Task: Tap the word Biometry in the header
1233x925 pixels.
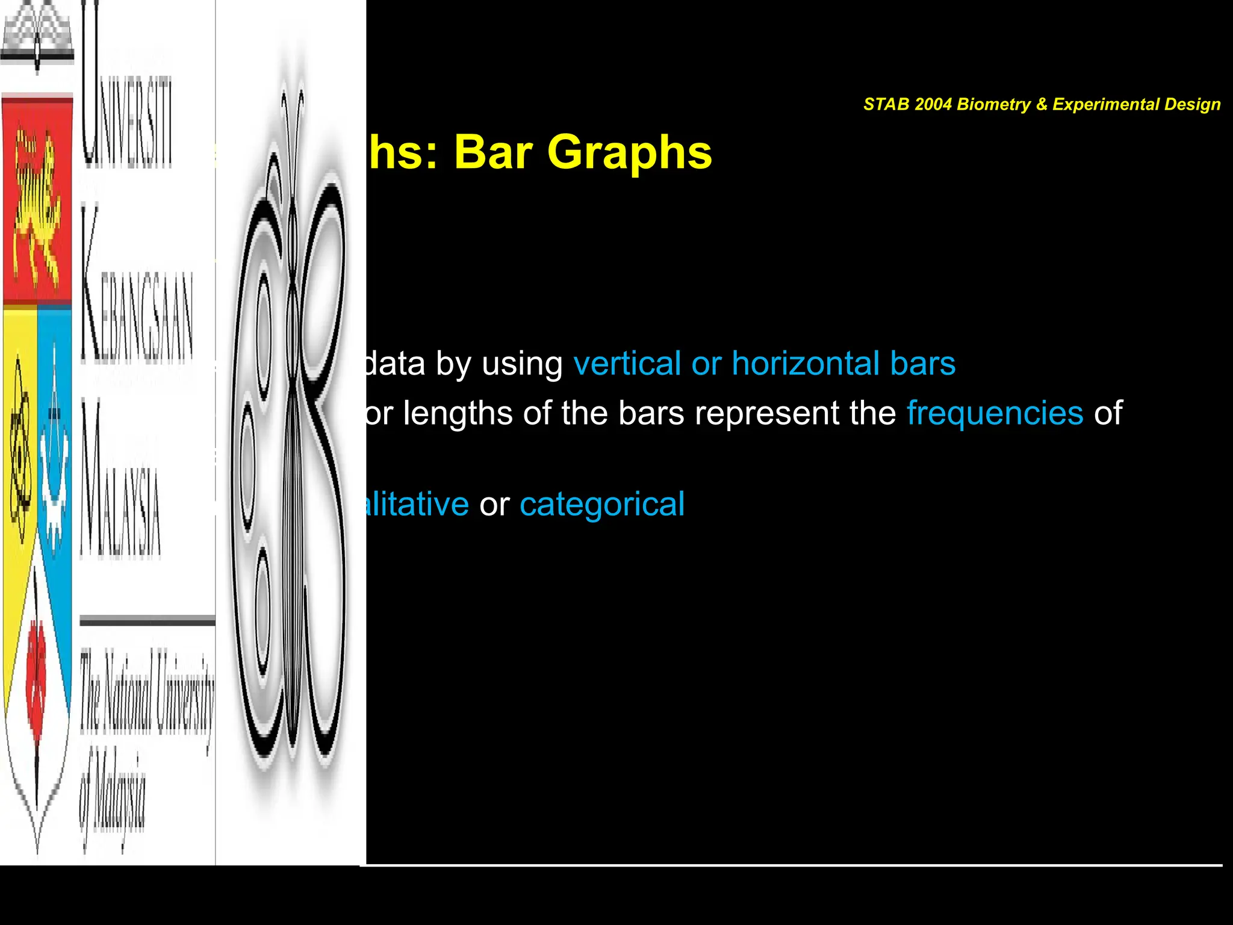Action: (993, 104)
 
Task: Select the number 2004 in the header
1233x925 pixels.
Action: (933, 104)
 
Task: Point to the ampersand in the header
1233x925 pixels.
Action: (1042, 104)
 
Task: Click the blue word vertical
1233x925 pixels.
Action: (627, 364)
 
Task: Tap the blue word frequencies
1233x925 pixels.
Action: (995, 413)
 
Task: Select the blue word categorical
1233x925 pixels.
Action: (601, 504)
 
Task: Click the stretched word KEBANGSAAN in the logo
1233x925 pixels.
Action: (135, 289)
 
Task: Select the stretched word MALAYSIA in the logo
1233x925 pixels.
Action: (120, 482)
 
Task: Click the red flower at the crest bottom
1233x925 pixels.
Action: (36, 681)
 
